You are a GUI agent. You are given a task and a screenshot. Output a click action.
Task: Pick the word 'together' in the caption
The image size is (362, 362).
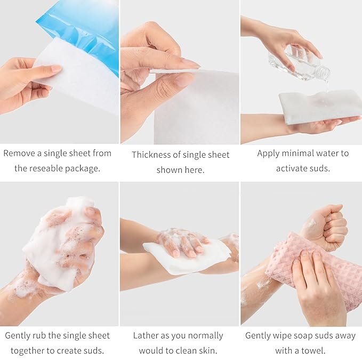[29, 351]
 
